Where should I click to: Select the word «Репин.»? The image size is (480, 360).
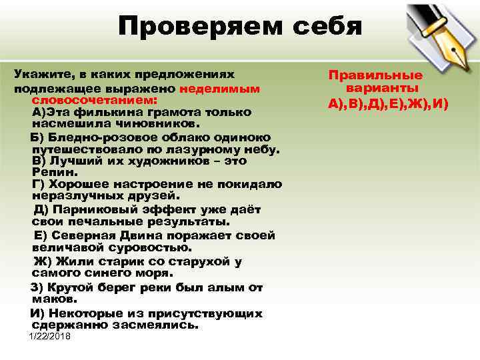coord(51,171)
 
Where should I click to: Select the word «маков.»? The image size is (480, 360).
coord(51,299)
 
